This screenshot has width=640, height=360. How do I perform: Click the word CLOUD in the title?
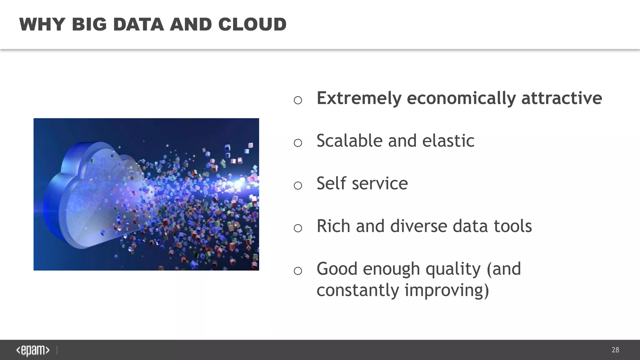[x=252, y=24]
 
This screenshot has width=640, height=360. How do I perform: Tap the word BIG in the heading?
[x=89, y=24]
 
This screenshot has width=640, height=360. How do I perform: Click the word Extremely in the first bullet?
[x=359, y=98]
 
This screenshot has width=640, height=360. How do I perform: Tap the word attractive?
[x=562, y=98]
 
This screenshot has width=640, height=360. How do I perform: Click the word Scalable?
[x=349, y=141]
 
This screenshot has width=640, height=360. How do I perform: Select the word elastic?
[x=448, y=141]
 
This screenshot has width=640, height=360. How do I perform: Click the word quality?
[x=453, y=269]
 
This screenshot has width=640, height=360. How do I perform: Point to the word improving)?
[x=447, y=290]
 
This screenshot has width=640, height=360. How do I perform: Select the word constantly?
[x=358, y=290]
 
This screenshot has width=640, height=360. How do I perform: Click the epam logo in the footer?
[x=33, y=350]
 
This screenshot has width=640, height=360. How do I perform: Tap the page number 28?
[x=615, y=350]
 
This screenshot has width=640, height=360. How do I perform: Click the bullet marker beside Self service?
[x=298, y=186]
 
